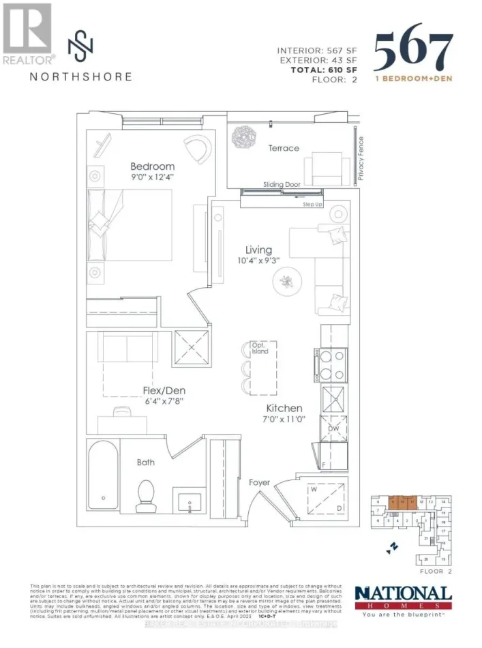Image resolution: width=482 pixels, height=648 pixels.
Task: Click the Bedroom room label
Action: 153,166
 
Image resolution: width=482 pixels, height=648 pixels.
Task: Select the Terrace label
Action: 283,148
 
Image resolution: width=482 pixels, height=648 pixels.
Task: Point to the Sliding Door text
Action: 282,184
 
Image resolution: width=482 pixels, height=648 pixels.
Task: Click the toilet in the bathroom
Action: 146,496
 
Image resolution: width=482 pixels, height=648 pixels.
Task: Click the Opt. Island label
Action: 260,350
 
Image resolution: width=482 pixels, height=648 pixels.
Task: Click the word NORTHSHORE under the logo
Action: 80,76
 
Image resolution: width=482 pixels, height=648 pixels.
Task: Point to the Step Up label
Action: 313,204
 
